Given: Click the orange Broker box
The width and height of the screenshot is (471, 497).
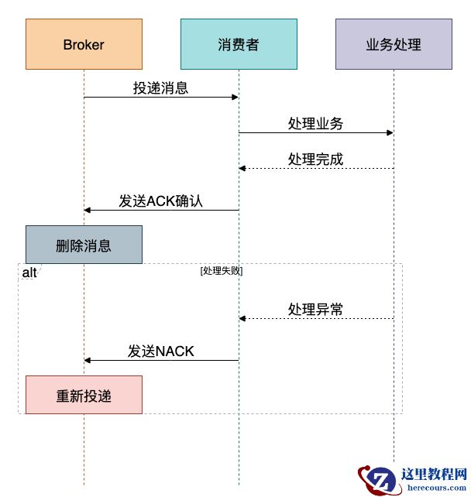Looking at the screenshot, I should (84, 44).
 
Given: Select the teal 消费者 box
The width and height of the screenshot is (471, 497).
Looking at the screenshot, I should (239, 44).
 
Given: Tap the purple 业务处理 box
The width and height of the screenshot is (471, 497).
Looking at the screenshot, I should (394, 44).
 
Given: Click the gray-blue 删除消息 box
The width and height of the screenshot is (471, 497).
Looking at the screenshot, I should (84, 245).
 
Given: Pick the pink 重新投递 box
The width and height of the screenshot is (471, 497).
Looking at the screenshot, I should (84, 395).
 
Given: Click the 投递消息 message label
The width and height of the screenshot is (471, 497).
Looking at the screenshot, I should (160, 87).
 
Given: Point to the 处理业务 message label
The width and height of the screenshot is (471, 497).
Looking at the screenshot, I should (315, 123).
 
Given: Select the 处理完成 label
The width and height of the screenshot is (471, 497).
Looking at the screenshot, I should (315, 159).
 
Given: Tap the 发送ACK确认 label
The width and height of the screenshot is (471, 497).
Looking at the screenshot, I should (160, 201).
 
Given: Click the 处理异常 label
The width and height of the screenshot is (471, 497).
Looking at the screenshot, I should (315, 309).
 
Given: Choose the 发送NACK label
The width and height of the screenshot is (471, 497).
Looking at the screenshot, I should (160, 351).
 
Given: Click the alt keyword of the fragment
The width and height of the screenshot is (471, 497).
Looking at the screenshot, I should (29, 273).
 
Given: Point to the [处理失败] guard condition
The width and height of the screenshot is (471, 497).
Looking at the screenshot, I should (222, 271).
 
